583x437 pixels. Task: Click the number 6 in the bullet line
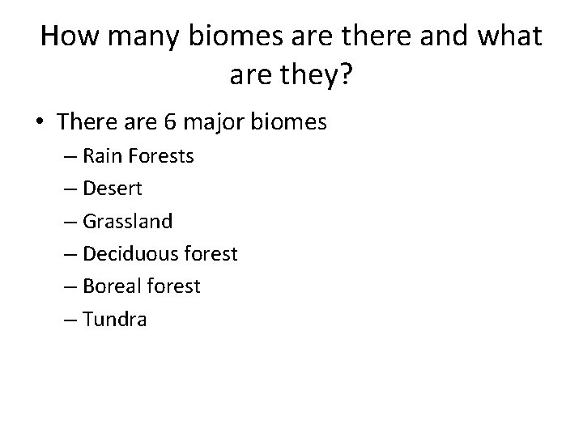point(170,122)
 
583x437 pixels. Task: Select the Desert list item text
point(113,189)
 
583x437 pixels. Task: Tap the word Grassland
point(127,221)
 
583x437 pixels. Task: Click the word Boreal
point(109,286)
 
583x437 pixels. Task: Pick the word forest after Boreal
point(172,286)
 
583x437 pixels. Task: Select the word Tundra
point(115,320)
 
